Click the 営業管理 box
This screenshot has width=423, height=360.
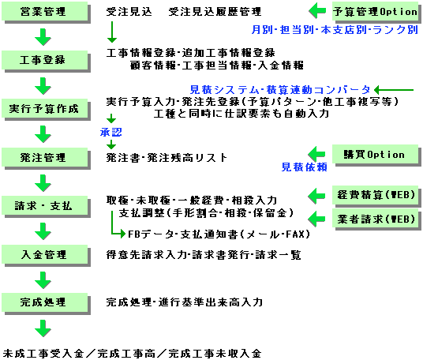pos(45,12)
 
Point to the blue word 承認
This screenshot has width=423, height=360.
pos(110,132)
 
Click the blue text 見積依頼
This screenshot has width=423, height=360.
pos(305,167)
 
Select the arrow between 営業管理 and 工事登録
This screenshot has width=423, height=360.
pos(43,36)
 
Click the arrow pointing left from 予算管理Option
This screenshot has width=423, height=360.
pos(317,11)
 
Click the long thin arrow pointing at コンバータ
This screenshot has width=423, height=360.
pos(394,90)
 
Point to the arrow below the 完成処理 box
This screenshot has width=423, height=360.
pos(43,328)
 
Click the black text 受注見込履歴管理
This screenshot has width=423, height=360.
pos(215,12)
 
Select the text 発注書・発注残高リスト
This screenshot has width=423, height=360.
pos(167,158)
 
